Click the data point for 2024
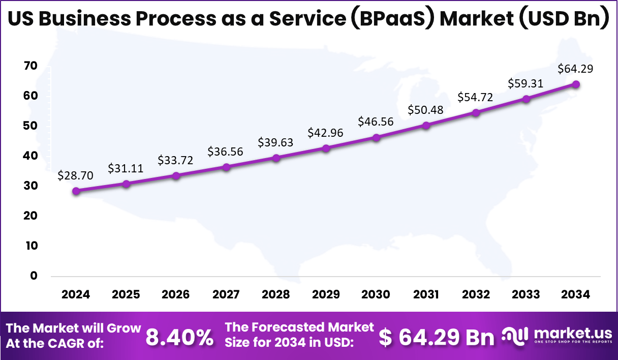point(76,191)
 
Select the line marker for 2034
point(576,84)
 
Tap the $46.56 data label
point(375,122)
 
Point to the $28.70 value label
point(75,175)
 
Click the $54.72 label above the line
point(476,97)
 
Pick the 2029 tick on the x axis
point(326,295)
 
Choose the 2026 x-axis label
point(176,295)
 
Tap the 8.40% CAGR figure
point(179,337)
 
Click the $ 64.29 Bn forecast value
point(437,337)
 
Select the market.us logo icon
point(516,336)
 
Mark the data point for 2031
point(426,125)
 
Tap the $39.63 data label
point(275,142)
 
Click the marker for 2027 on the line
point(226,167)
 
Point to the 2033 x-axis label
point(526,295)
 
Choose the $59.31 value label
point(526,83)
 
